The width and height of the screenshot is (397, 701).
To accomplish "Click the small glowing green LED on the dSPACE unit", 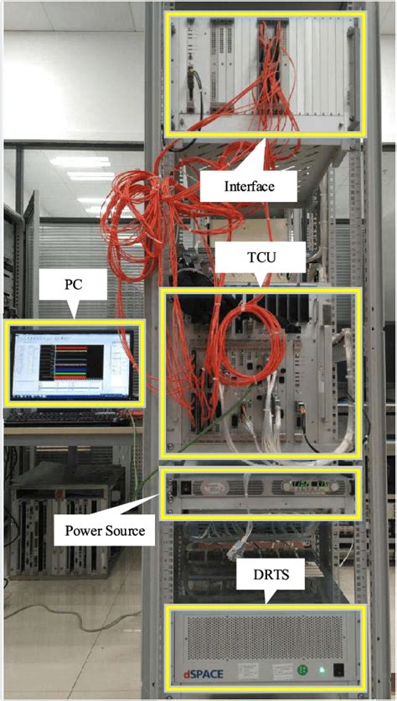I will coord(319,671).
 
